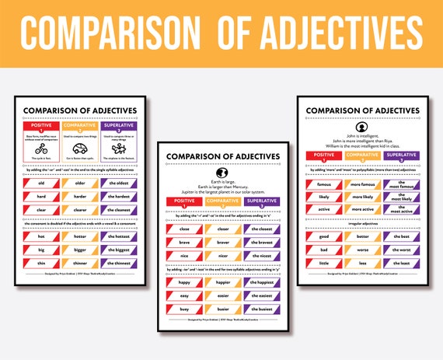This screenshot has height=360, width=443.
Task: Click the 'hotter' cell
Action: coord(79,236)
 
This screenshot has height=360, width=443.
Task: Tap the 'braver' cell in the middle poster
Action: coord(221,241)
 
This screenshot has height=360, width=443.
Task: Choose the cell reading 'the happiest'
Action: coord(262,283)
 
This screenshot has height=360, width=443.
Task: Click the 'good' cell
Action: coord(322,236)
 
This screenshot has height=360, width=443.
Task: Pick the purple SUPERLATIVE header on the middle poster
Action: coord(262,202)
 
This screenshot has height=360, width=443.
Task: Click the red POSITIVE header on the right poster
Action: coord(322,155)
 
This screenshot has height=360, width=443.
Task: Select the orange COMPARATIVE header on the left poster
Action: coord(79,125)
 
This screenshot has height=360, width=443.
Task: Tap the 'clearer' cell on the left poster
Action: coord(79,209)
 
